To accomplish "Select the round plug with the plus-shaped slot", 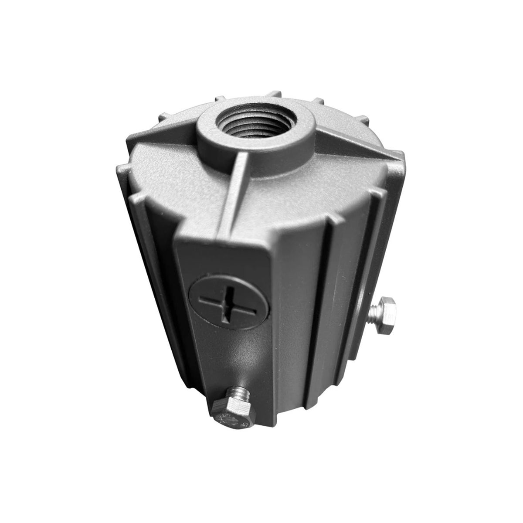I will pyautogui.click(x=215, y=302).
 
